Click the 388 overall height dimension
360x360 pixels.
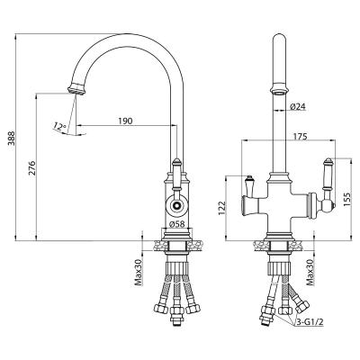pyautogui.click(x=11, y=139)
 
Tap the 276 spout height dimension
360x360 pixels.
pyautogui.click(x=32, y=168)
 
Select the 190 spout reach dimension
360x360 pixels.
pyautogui.click(x=125, y=121)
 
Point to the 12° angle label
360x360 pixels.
pyautogui.click(x=59, y=126)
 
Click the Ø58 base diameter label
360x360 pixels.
pyautogui.click(x=177, y=224)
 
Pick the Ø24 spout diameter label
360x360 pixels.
pyautogui.click(x=297, y=106)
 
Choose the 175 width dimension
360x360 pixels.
pyautogui.click(x=301, y=137)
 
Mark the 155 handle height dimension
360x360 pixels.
pyautogui.click(x=346, y=199)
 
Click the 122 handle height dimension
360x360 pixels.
pyautogui.click(x=221, y=208)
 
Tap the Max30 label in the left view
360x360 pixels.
pyautogui.click(x=138, y=273)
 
